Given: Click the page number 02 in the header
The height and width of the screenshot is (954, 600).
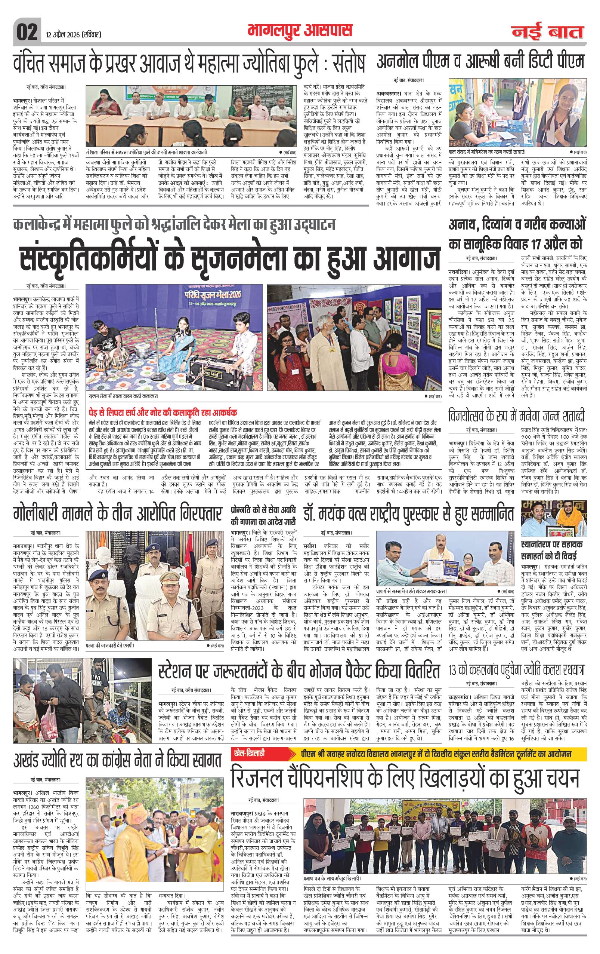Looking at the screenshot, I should [27, 31].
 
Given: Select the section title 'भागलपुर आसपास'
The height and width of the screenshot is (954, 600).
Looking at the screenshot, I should [300, 31].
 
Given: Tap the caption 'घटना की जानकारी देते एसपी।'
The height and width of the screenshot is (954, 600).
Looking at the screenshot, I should [111, 645].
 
